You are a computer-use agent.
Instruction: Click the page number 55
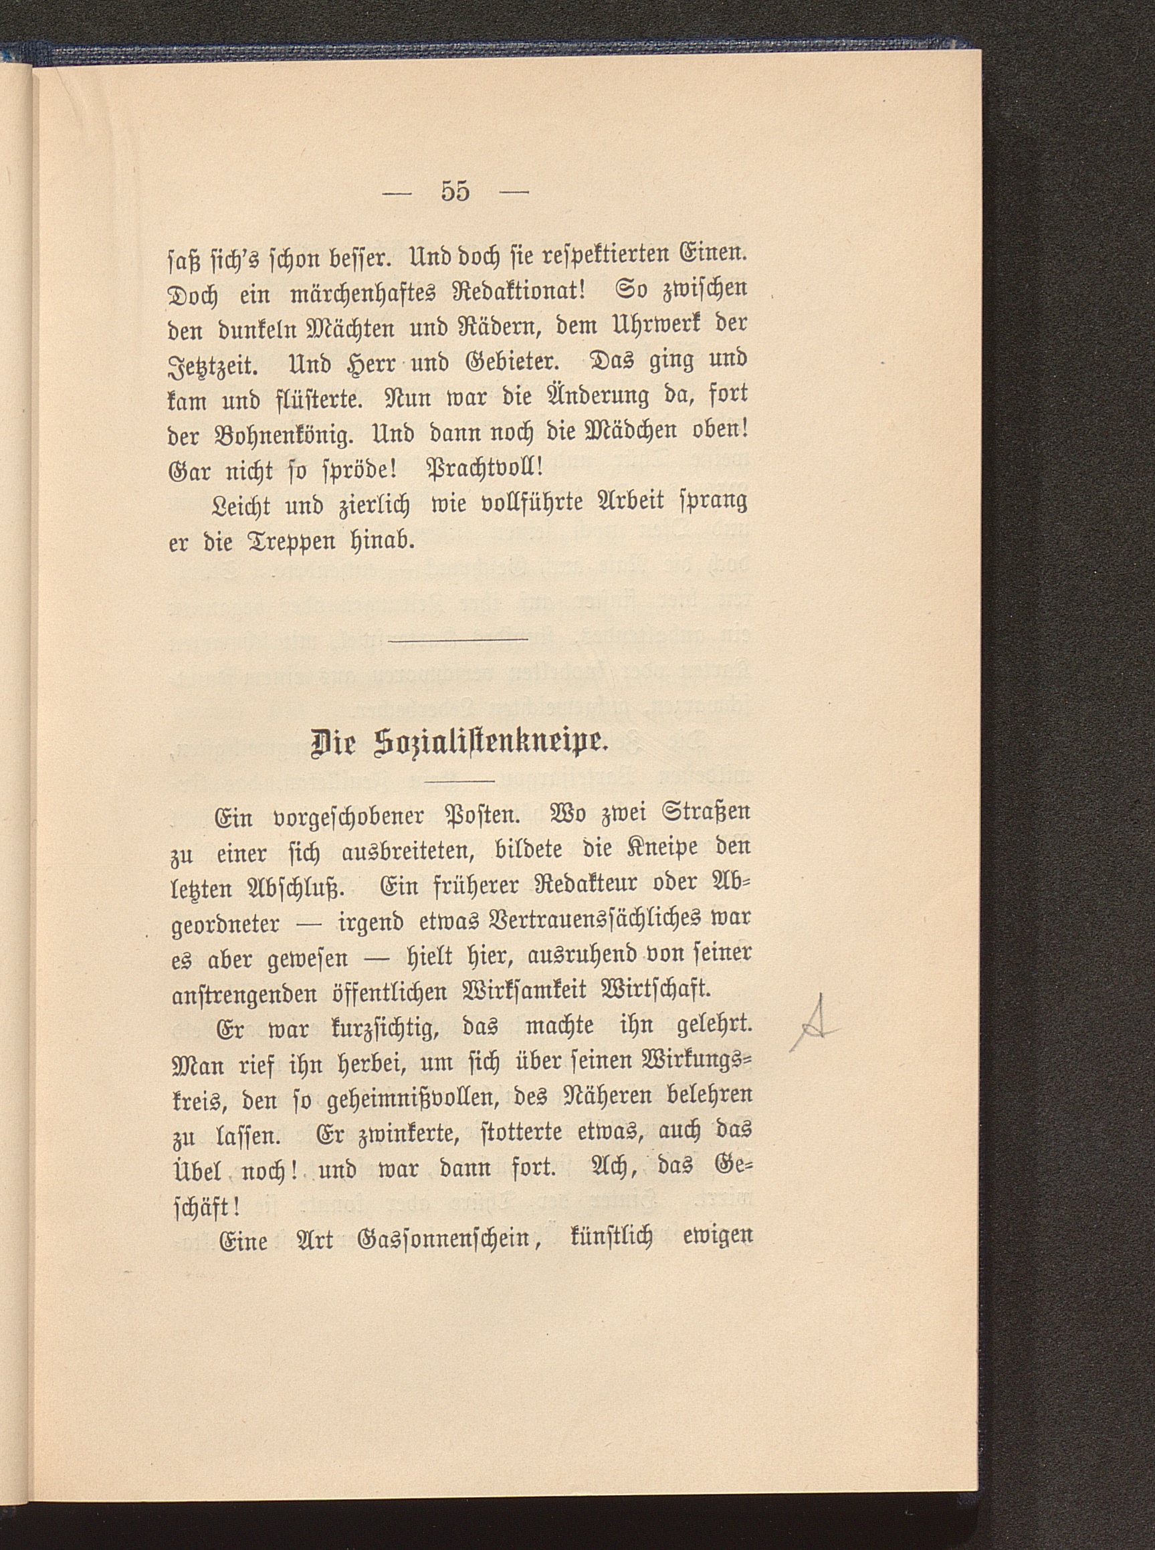click(455, 191)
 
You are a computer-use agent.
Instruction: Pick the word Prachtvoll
click(482, 470)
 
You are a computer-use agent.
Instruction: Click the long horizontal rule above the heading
click(458, 640)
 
